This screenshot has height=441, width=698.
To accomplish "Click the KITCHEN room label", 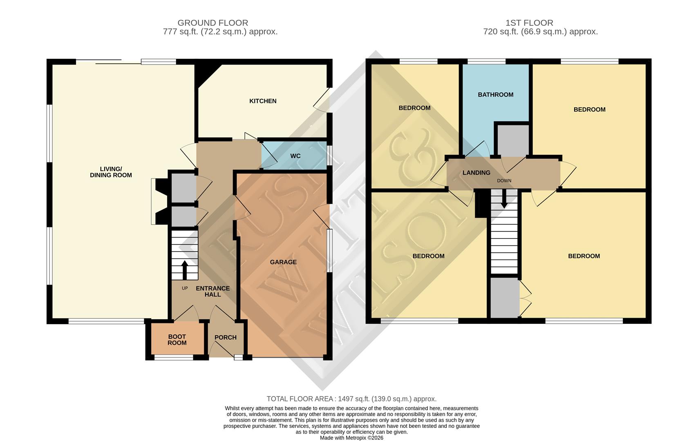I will (263, 101).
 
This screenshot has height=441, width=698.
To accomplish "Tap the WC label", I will (295, 156).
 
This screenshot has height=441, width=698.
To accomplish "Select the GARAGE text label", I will (283, 262).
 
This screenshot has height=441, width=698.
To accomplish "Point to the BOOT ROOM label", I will (177, 340).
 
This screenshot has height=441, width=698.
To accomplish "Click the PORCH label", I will (225, 337).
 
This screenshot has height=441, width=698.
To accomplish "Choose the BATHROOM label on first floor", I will (495, 95).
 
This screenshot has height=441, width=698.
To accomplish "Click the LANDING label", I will (476, 173).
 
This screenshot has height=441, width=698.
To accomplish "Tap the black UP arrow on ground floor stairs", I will (184, 269).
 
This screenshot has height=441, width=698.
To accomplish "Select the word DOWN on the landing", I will (504, 180).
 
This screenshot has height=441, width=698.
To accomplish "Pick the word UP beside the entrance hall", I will (185, 288).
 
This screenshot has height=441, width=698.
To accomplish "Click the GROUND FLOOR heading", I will (213, 23).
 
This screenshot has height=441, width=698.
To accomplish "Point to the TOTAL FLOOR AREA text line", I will (351, 399).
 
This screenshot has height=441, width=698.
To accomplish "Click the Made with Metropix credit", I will (351, 438).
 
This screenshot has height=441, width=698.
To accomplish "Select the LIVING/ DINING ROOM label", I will (111, 172).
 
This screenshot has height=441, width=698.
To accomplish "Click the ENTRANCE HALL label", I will (213, 291).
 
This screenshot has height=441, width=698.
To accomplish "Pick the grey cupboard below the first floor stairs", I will (504, 297).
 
